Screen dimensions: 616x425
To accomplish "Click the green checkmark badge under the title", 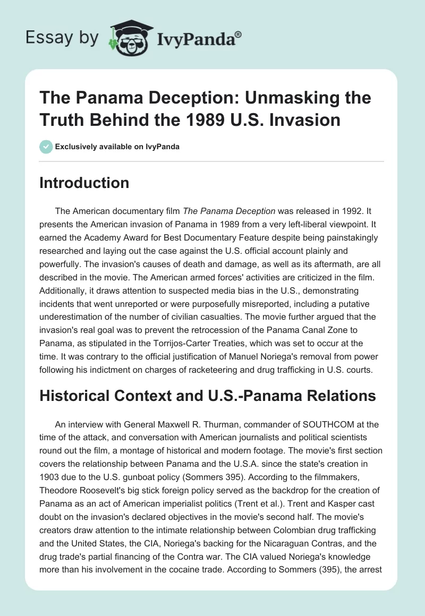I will [x=46, y=147].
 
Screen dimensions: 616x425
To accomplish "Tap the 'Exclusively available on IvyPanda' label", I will [x=117, y=147].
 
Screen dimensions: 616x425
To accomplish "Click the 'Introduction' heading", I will [x=84, y=183].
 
